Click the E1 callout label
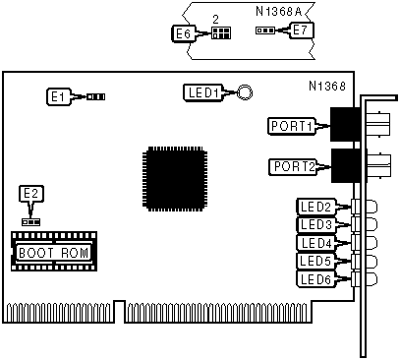pyautogui.click(x=58, y=96)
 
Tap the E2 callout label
pyautogui.click(x=31, y=194)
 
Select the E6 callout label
pyautogui.click(x=184, y=33)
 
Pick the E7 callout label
pyautogui.click(x=301, y=30)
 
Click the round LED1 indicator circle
pyautogui.click(x=245, y=92)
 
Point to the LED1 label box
pyautogui.click(x=202, y=92)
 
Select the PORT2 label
pyautogui.click(x=293, y=166)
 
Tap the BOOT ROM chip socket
pyautogui.click(x=54, y=251)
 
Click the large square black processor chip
pyautogui.click(x=175, y=179)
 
